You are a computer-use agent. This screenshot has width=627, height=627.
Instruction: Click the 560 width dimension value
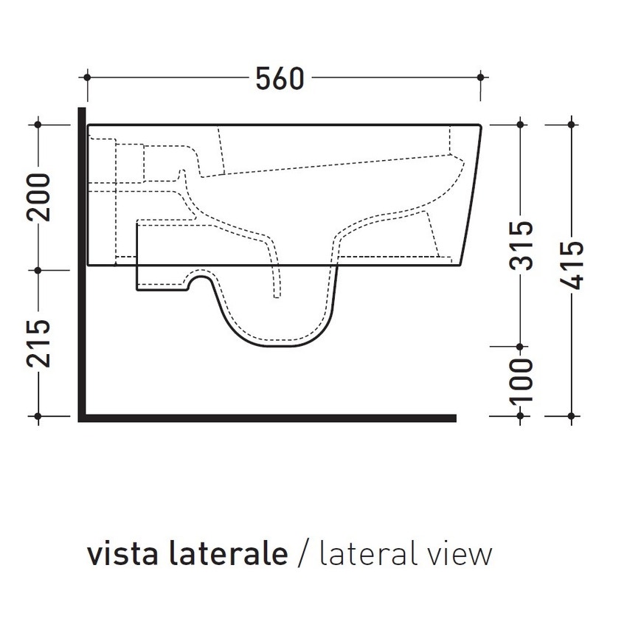tap(280, 78)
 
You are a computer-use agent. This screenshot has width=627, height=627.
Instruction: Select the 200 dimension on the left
tap(39, 196)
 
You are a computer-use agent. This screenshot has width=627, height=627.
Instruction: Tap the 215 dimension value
tap(39, 344)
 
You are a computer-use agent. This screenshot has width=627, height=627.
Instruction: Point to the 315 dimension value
tap(522, 246)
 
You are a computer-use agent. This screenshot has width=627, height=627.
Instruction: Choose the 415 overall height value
tap(572, 266)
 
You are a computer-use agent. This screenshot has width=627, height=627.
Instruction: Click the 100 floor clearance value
tap(522, 381)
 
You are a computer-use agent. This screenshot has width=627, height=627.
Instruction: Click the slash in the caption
tap(302, 553)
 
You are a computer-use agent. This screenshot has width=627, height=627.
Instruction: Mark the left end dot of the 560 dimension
tap(88, 76)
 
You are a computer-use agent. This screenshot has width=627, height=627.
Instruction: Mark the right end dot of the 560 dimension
tap(481, 76)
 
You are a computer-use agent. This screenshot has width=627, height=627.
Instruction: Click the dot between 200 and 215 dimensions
tap(39, 269)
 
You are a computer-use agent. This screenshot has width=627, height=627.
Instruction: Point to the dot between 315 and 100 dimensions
tap(522, 347)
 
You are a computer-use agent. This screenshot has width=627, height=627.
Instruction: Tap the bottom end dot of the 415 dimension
tap(572, 417)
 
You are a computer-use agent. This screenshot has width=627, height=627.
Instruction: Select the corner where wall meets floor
tap(82, 418)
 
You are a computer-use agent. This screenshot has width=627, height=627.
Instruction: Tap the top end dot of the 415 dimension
tap(572, 124)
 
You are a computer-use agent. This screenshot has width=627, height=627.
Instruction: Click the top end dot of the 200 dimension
tap(39, 124)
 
